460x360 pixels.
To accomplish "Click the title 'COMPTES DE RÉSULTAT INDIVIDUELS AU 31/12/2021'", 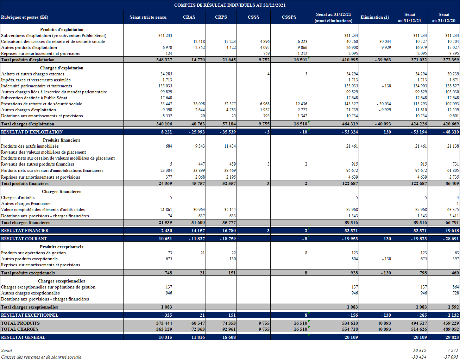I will (230, 5).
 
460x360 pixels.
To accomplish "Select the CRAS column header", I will (189, 17).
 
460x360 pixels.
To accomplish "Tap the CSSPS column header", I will (289, 17).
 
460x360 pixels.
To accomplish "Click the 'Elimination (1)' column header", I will (375, 17).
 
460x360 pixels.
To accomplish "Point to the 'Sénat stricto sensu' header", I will (148, 17).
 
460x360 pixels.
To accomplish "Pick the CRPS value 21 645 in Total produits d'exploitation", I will (229, 60).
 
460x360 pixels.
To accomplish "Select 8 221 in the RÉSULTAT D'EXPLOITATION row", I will (166, 132).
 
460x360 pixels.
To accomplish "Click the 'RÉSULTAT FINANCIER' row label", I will (25, 231).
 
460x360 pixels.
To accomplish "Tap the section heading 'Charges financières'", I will (62, 192).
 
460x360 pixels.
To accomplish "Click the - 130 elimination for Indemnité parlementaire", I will (385, 86).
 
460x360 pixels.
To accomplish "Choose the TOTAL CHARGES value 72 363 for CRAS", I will (198, 329).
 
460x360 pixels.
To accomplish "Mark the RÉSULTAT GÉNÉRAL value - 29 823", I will (451, 337).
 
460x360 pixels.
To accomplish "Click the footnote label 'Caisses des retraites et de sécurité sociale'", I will (41, 357).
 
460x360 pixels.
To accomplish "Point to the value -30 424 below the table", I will (418, 357).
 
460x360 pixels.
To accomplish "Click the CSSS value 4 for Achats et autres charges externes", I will (268, 74).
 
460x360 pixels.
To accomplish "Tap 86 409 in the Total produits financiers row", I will (452, 184).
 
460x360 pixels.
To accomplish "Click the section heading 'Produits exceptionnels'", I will (62, 247).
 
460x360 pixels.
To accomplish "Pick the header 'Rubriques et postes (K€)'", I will (25, 17).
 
